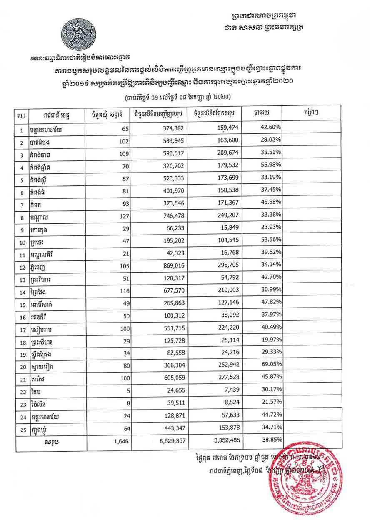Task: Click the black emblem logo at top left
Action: point(80,34)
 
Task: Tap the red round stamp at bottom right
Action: point(307,480)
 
